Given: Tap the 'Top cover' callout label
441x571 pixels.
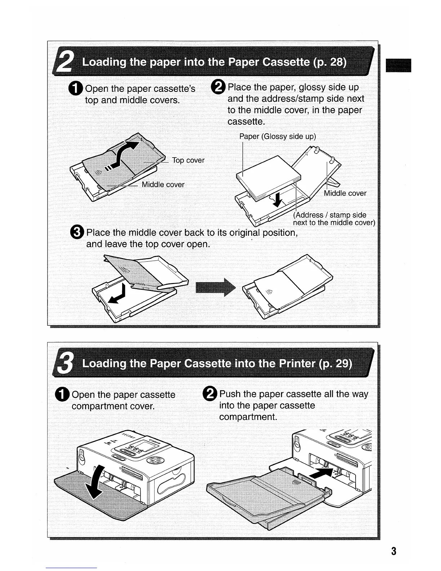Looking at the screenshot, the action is [188, 160].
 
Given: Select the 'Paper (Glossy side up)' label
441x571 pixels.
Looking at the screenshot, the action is [277, 137].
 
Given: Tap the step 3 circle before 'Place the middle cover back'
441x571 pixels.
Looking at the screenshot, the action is [78, 233].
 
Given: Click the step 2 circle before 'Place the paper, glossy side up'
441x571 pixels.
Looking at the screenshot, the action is [220, 88].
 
